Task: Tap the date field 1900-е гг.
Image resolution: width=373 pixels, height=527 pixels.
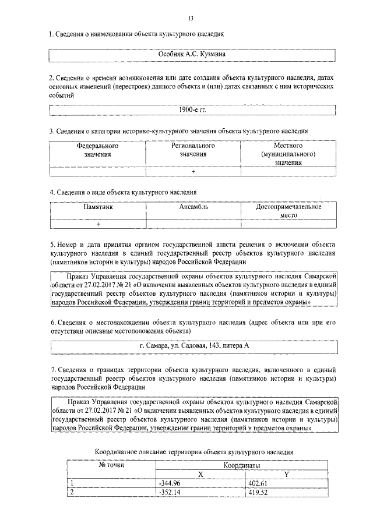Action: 192,109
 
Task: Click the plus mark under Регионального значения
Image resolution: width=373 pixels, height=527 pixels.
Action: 193,172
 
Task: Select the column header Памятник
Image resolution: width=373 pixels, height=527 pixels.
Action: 98,207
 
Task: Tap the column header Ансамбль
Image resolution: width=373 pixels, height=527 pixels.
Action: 193,207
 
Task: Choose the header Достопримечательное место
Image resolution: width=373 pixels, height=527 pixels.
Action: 288,211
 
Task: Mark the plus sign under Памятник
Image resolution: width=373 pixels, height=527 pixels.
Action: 98,224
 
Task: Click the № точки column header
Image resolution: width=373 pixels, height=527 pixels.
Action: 111,466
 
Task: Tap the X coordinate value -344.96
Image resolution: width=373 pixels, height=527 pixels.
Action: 169,483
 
